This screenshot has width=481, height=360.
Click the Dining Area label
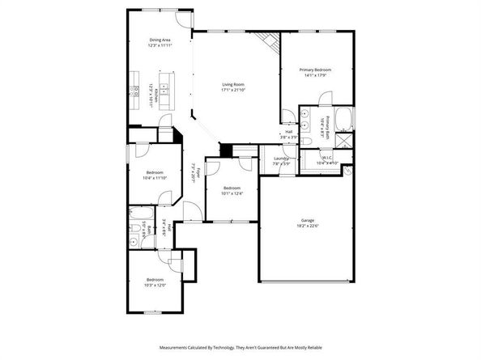[x=160, y=39]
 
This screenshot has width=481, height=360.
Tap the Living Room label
[x=234, y=84]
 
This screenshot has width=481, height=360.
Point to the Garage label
[x=307, y=220]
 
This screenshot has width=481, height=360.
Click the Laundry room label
[x=281, y=159]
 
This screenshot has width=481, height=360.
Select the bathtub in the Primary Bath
[x=342, y=120]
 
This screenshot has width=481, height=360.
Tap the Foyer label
[x=194, y=172]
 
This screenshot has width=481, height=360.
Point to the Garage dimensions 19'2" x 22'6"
[x=307, y=226]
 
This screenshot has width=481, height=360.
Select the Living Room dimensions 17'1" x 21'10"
[x=234, y=90]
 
